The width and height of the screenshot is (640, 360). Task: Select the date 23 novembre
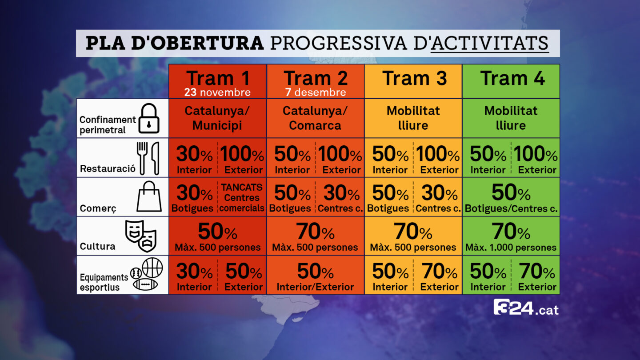tap(217, 92)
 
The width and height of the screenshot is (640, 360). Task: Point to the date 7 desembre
tap(316, 92)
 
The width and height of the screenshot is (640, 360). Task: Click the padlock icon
tap(149, 118)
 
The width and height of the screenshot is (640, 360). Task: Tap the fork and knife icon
tap(148, 158)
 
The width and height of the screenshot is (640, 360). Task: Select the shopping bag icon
tap(149, 196)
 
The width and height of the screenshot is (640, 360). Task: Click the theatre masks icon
tap(141, 236)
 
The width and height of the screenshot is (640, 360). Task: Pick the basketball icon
tap(152, 268)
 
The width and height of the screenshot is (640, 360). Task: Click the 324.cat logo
tap(526, 308)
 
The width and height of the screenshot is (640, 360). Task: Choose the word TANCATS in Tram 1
tap(241, 187)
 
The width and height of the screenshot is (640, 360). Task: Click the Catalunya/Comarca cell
tap(315, 118)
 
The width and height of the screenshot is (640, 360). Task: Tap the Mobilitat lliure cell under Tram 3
tap(413, 118)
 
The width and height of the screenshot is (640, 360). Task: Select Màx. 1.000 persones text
tap(511, 247)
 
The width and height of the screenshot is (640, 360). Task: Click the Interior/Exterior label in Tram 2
tap(315, 287)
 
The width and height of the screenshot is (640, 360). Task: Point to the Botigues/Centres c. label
tap(511, 208)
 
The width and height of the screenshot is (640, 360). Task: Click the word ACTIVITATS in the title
tap(490, 43)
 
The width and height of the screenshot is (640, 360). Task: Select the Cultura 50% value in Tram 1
tap(217, 231)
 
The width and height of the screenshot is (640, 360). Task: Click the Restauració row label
tap(108, 168)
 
